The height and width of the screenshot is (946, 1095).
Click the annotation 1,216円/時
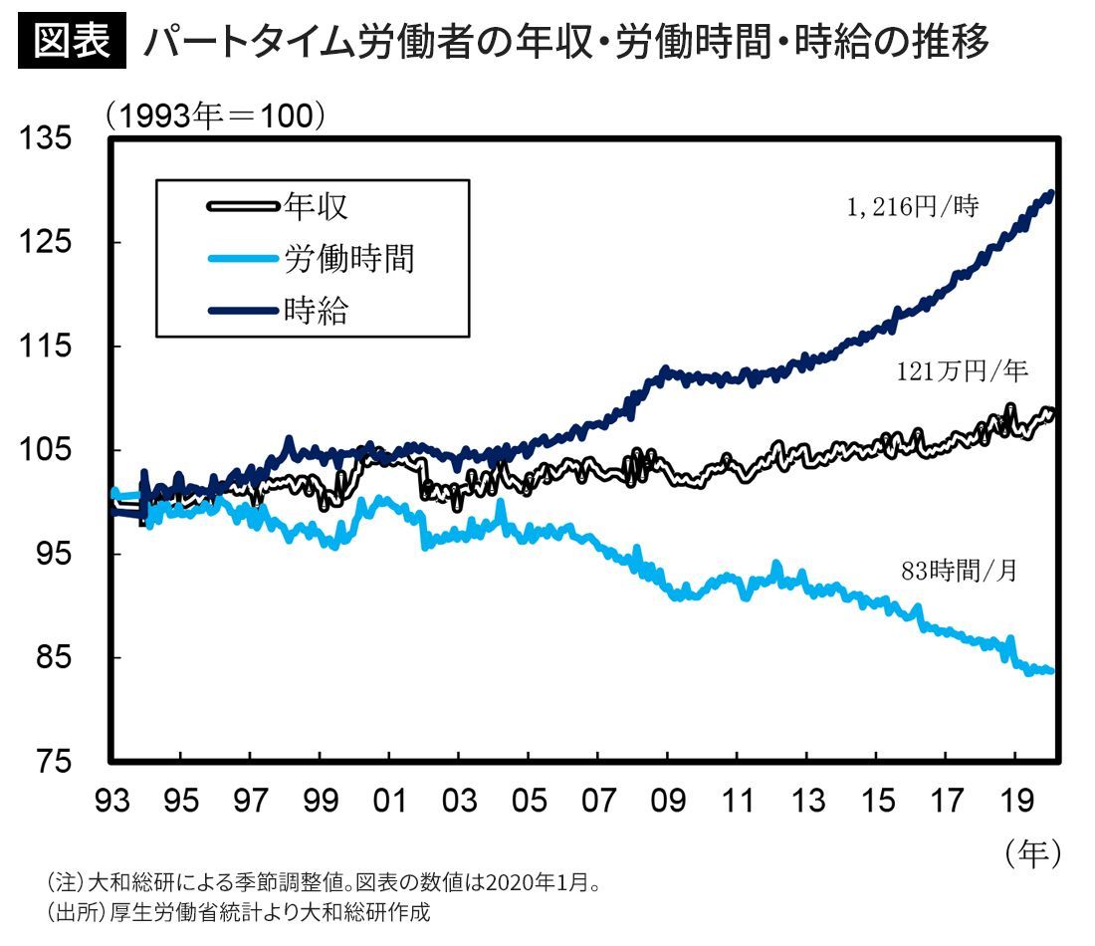[910, 208]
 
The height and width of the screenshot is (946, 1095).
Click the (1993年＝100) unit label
[215, 116]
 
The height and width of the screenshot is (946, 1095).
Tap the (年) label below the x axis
[1032, 852]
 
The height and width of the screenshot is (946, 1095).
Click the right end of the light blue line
[1050, 671]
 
